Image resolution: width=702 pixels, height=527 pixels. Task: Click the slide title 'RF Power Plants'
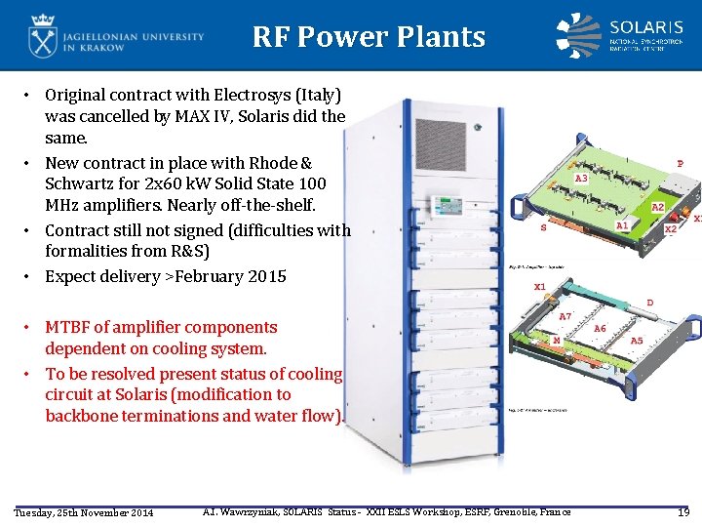[369, 37]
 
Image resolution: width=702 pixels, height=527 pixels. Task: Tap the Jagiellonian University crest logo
[43, 36]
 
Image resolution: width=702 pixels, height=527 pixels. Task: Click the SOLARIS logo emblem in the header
[578, 35]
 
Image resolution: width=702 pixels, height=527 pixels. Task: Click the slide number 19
[682, 512]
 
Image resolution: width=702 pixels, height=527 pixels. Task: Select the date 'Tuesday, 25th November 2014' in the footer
[83, 513]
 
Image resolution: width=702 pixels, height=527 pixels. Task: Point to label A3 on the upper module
[582, 180]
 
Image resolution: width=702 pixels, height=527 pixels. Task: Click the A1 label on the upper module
[622, 224]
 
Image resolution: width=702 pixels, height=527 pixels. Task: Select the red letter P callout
[680, 164]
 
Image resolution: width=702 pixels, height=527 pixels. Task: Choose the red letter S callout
[543, 228]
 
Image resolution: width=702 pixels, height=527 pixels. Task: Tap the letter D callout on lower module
[650, 303]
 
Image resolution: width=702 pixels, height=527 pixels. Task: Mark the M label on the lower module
[556, 340]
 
